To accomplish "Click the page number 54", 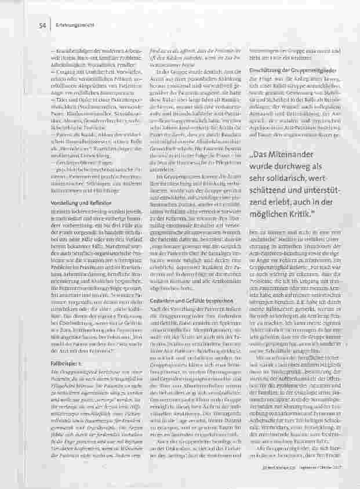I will [42, 26].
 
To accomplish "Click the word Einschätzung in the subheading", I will [264, 70].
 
